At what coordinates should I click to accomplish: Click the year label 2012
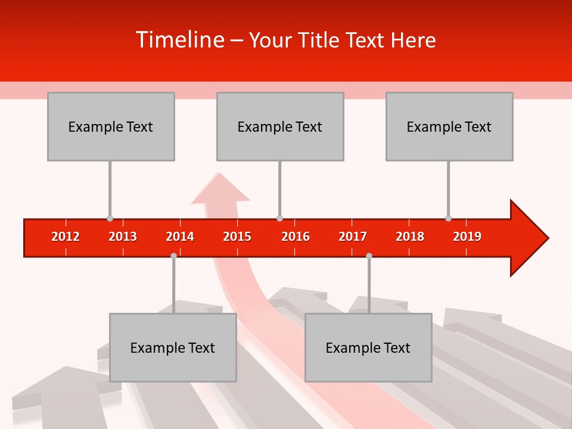click(x=66, y=237)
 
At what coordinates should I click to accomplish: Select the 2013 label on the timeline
click(x=123, y=237)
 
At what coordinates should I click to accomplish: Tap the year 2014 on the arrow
click(x=180, y=237)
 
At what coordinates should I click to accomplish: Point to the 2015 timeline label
click(x=237, y=237)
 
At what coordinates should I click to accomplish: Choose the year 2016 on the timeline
click(x=296, y=237)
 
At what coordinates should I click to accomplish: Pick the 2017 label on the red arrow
click(x=353, y=237)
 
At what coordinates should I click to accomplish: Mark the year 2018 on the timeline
click(x=410, y=237)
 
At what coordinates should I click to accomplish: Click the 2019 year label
click(x=467, y=237)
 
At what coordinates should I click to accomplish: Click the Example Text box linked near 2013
click(x=111, y=126)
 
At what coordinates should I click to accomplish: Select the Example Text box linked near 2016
click(x=280, y=126)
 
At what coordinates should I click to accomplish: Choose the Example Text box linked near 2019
click(x=449, y=126)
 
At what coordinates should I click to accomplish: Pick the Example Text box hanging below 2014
click(x=173, y=347)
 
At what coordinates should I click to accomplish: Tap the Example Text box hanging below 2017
click(x=368, y=347)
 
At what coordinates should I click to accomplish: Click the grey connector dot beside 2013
click(x=110, y=219)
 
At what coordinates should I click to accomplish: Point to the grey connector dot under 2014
click(x=173, y=256)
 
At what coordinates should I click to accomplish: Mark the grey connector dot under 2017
click(x=369, y=256)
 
